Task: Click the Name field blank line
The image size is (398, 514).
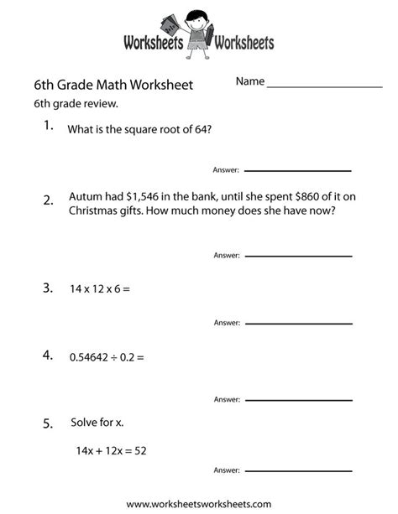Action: (x=324, y=86)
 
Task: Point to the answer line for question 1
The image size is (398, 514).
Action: (x=298, y=170)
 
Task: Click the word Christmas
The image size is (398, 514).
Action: (x=97, y=210)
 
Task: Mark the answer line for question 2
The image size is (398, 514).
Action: (x=298, y=255)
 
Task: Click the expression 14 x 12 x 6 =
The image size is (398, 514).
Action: (x=100, y=289)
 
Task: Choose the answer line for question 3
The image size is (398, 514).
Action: (x=298, y=323)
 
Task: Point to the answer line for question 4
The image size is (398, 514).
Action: (x=298, y=398)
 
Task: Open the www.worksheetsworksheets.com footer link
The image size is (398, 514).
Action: (x=199, y=504)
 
